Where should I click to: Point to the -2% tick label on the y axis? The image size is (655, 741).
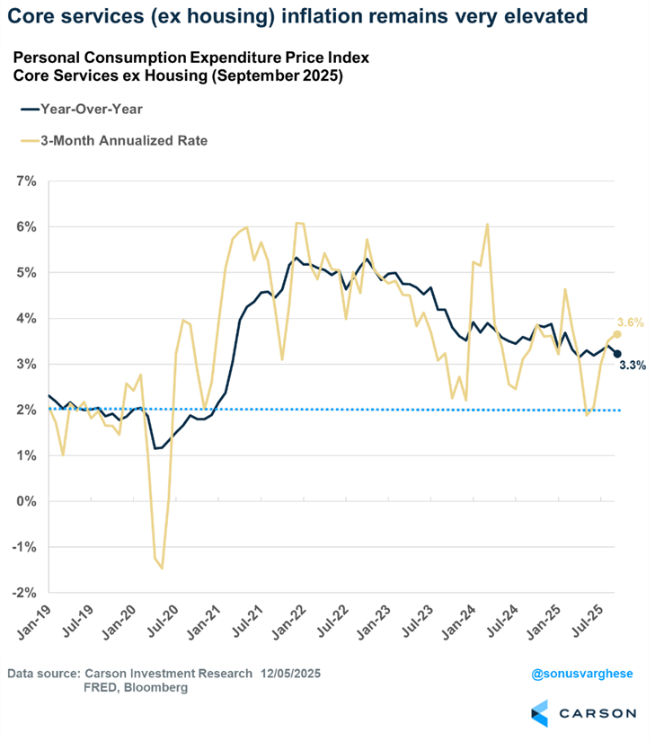tap(22, 593)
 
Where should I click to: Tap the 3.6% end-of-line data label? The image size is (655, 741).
tap(630, 322)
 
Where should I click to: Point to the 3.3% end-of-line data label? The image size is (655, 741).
tap(633, 366)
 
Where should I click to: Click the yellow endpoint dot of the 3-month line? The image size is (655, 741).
tap(617, 334)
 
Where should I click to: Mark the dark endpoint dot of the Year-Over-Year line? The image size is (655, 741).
tap(616, 353)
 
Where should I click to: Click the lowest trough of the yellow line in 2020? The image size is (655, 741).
tap(162, 568)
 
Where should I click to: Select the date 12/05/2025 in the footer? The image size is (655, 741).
tap(290, 673)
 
